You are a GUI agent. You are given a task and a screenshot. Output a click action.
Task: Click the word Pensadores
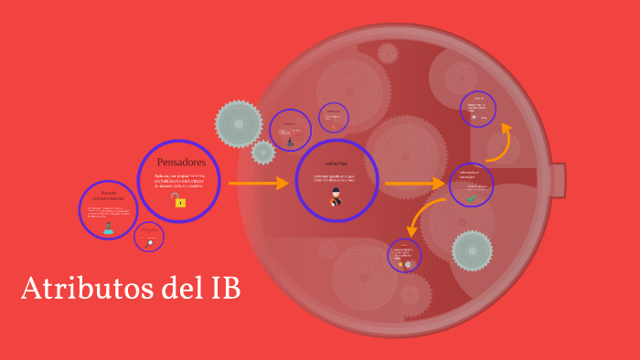click(179, 162)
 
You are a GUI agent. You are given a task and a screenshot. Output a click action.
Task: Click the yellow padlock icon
click(180, 202)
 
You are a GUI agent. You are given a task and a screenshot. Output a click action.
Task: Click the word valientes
click(336, 163)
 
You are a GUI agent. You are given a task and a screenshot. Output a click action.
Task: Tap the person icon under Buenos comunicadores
click(108, 228)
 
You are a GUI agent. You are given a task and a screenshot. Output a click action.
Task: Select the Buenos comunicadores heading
click(108, 195)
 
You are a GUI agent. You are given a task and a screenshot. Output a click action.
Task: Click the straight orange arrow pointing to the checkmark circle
click(416, 184)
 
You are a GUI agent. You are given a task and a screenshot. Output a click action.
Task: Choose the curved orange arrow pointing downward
click(420, 221)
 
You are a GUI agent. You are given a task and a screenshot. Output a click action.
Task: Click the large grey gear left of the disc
click(239, 122)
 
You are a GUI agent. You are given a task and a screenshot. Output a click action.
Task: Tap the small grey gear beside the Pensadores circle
click(263, 152)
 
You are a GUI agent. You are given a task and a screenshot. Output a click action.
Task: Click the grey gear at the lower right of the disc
click(473, 250)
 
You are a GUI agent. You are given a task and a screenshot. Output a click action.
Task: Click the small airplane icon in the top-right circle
click(474, 117)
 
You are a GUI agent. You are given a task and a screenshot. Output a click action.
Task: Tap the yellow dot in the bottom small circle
click(400, 264)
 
